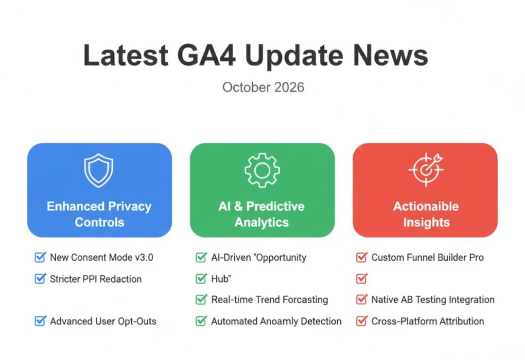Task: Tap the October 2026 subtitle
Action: [263, 88]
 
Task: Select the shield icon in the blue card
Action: [99, 170]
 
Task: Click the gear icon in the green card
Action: [262, 170]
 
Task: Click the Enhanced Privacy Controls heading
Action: [99, 214]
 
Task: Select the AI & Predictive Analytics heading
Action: [262, 214]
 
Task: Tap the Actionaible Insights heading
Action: [425, 214]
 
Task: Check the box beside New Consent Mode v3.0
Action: [40, 257]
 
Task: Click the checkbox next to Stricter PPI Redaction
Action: [40, 279]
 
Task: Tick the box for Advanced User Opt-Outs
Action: [40, 321]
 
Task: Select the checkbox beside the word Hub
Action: [201, 279]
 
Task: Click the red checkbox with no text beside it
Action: [361, 279]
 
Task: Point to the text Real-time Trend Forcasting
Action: [269, 300]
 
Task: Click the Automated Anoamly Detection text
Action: [276, 321]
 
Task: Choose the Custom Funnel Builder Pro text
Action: [427, 257]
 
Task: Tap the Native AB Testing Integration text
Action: [433, 300]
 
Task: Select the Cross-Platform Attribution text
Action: [427, 321]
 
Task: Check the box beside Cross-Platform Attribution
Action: [361, 321]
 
